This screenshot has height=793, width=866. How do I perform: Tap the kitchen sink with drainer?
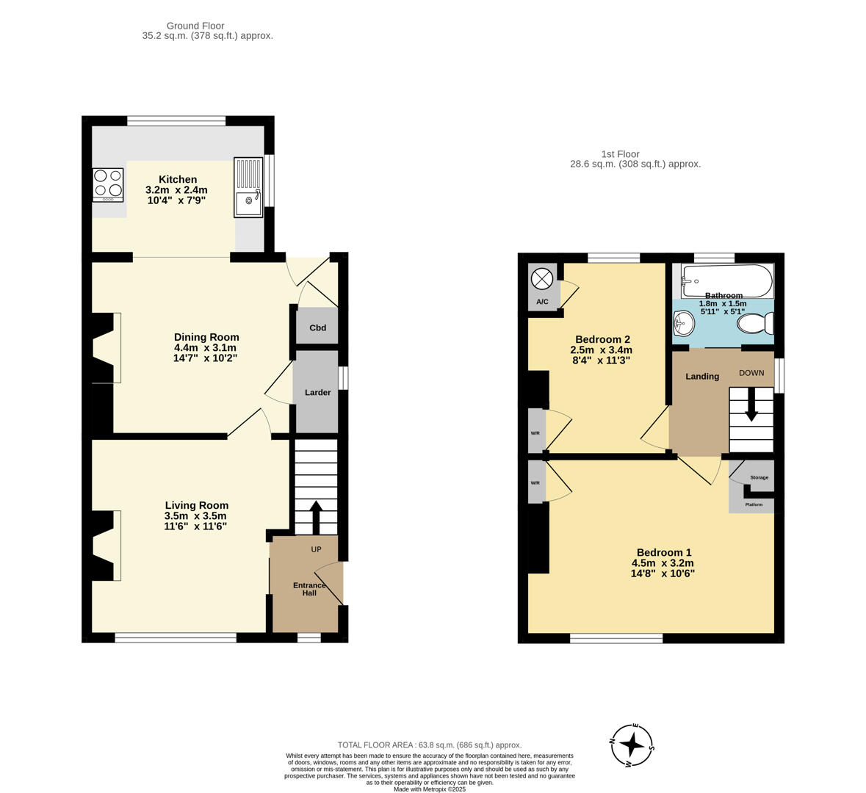pos(248,187)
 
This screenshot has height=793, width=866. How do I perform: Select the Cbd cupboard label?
pos(317,328)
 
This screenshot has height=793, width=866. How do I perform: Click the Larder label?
pos(318,393)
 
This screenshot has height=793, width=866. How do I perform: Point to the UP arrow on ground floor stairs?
pos(316,516)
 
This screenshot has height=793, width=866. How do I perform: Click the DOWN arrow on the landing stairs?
pos(751,405)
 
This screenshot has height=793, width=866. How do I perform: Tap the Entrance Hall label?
pos(309,589)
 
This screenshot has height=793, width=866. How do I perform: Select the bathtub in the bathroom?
pos(726,280)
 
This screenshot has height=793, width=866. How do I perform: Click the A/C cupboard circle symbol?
pos(542,279)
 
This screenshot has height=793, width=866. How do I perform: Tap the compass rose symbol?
pos(632,745)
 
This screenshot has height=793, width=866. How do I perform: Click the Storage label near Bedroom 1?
pos(759,478)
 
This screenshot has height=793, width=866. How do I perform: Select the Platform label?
pos(754,505)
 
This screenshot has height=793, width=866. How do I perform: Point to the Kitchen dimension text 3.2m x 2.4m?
pos(176,189)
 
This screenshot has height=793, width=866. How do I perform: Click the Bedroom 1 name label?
pos(663,553)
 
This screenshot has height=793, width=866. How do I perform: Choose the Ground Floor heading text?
pos(195,26)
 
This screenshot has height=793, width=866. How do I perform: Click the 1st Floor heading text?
pos(620,154)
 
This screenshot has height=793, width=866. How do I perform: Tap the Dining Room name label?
pos(206,338)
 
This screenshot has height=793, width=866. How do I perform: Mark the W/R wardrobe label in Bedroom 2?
pos(535,433)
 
